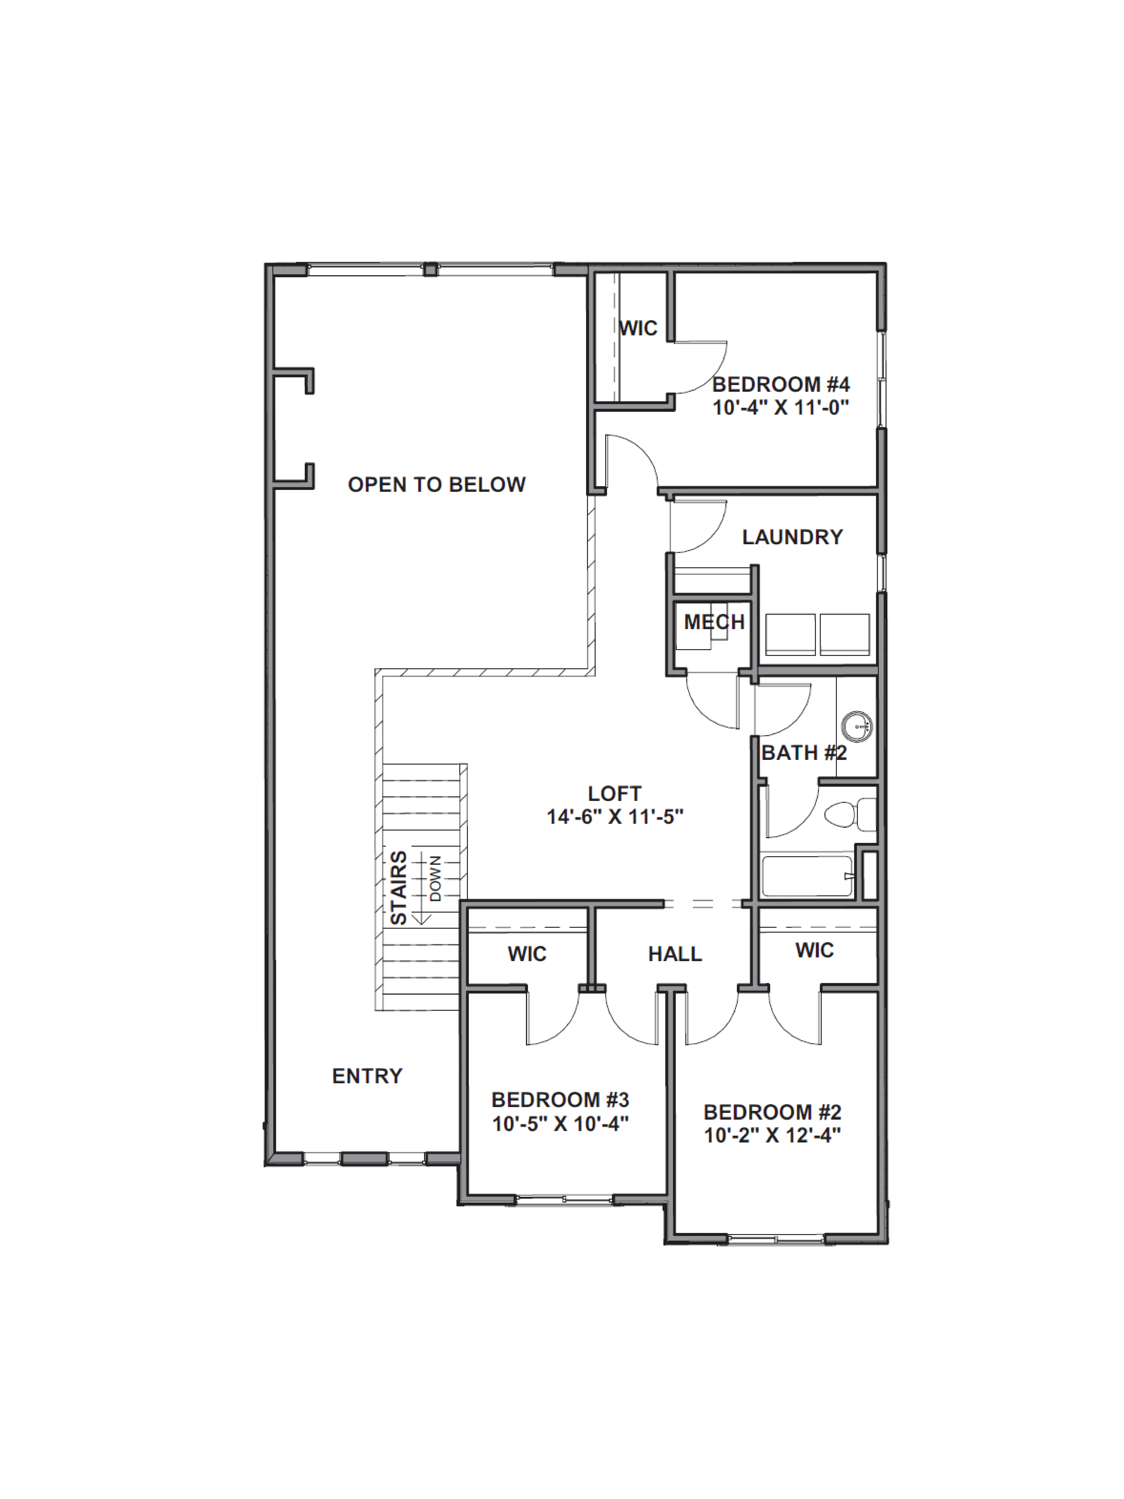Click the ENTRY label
point(367,1076)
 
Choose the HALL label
point(675,954)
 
